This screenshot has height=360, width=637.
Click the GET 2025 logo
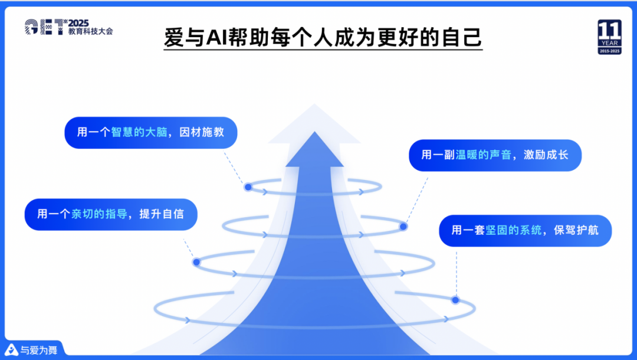[68, 27]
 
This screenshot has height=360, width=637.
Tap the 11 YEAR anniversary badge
[609, 37]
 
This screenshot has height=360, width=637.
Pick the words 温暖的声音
[475, 155]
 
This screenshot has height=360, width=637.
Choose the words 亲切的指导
[99, 214]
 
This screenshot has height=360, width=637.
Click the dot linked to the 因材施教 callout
[248, 187]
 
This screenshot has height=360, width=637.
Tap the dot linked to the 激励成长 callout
[403, 226]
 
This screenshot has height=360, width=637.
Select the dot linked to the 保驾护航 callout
[455, 300]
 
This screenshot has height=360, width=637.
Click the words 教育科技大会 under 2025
[90, 31]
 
